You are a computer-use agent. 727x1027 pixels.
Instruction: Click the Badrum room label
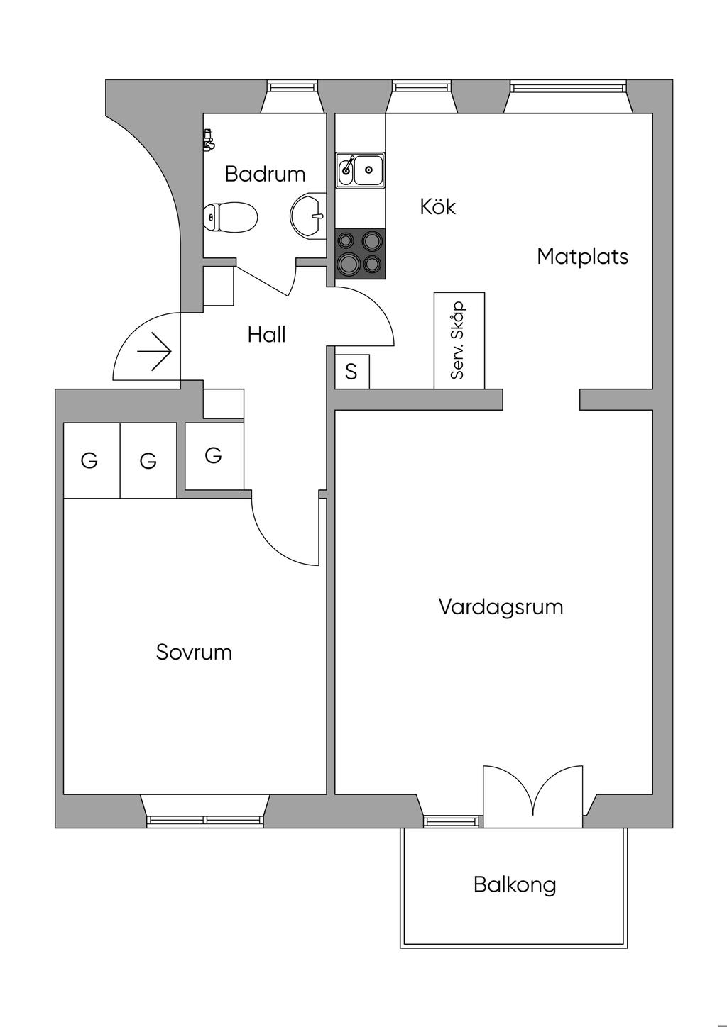point(265,174)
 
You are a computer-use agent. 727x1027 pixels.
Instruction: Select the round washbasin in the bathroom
point(308,216)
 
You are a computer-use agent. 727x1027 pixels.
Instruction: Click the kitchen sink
point(360,170)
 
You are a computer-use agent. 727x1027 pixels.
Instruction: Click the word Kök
point(438,207)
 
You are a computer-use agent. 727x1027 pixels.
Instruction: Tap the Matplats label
point(582,256)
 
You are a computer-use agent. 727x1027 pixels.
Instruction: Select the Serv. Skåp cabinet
point(459,340)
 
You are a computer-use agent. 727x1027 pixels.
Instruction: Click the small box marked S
point(352,372)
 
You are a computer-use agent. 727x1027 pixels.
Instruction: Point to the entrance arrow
point(154,352)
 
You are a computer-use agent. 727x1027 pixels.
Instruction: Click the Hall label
point(267,335)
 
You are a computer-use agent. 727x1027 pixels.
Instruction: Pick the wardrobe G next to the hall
point(214,456)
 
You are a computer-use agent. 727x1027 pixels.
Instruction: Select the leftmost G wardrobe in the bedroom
point(92,460)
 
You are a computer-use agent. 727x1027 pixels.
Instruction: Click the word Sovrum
point(194,653)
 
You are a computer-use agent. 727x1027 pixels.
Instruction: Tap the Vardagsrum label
point(501,606)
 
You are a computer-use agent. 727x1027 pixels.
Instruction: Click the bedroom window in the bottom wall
point(204,821)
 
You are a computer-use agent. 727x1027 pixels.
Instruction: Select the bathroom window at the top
point(293,87)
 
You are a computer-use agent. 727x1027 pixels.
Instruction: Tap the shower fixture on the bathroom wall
point(208,140)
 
